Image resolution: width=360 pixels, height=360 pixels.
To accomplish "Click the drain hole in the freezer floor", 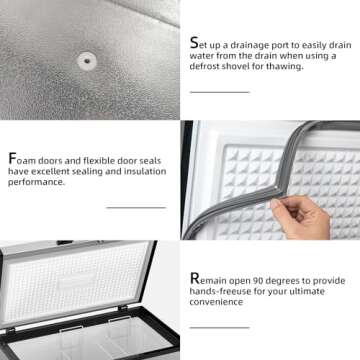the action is [x=87, y=61].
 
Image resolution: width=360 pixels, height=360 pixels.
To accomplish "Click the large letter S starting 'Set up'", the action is [x=194, y=43].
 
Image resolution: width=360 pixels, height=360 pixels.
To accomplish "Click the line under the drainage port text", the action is [x=220, y=92].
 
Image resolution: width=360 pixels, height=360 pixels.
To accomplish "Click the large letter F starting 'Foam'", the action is [x=12, y=159].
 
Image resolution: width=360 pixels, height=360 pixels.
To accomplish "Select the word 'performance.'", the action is [x=36, y=183].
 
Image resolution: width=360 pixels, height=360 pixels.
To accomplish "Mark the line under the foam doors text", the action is [x=136, y=208].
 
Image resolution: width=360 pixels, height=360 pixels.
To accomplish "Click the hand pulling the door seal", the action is [x=300, y=218].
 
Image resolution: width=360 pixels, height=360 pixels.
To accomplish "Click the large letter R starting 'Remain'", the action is [x=195, y=279].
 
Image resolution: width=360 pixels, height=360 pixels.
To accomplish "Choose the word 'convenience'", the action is [x=216, y=302].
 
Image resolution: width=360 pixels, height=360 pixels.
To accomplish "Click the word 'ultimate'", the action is [x=304, y=291].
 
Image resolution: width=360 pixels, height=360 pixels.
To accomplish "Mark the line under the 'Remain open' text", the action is [x=220, y=328].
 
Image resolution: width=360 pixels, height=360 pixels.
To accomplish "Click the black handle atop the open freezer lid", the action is [x=65, y=242].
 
